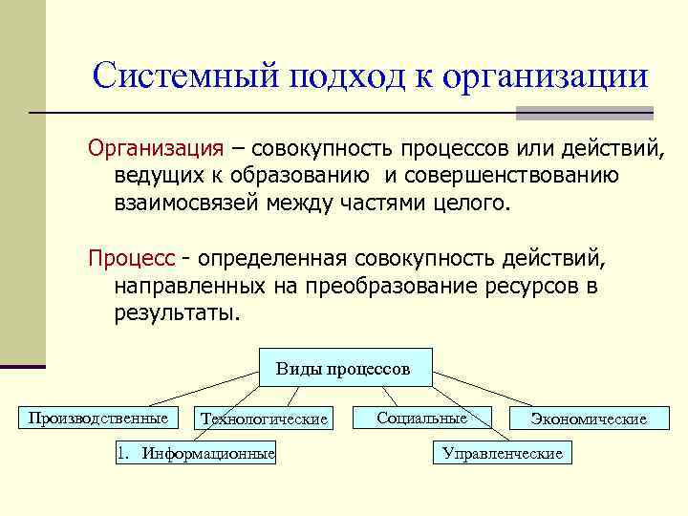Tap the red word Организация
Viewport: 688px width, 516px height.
coord(156,149)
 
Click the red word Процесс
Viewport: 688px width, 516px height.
coord(132,259)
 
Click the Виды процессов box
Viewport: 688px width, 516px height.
coord(343,368)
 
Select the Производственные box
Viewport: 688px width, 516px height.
coord(97,418)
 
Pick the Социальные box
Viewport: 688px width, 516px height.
coord(421,418)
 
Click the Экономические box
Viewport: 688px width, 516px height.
coord(588,419)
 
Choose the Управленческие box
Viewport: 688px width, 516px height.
coord(502,453)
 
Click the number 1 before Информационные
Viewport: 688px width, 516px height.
coord(121,453)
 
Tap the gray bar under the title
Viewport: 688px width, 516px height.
coord(584,113)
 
